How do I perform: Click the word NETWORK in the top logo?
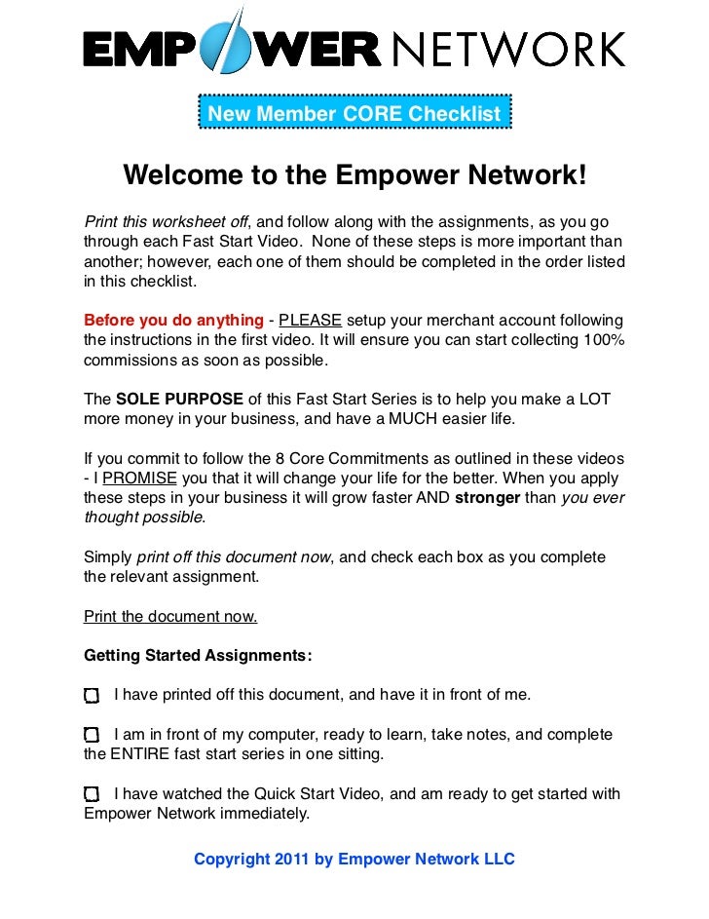507,49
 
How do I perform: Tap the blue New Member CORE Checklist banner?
354,114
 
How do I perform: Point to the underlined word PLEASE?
310,321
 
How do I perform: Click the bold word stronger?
487,498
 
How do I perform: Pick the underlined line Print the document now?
170,616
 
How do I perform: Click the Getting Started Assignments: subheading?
198,655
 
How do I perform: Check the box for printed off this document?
92,696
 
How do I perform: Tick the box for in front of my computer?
92,735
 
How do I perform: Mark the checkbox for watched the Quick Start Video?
92,794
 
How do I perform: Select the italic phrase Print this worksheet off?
166,223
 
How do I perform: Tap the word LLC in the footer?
498,860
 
